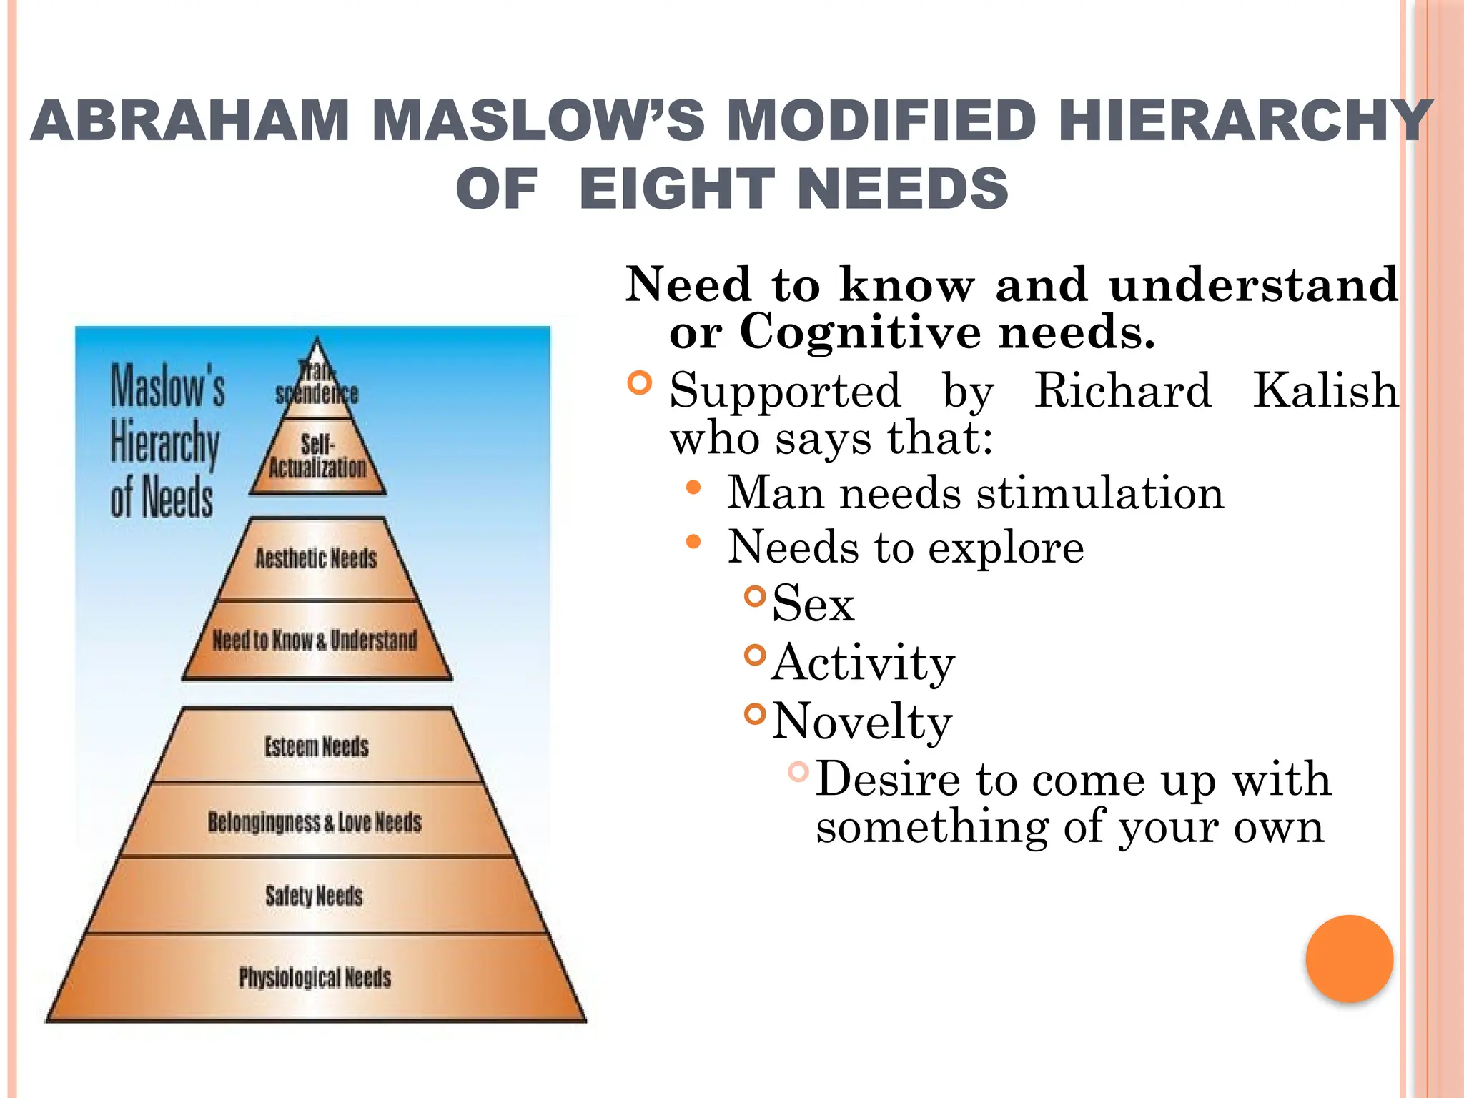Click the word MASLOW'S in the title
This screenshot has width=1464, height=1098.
click(x=538, y=120)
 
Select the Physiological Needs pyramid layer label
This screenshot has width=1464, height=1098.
click(x=315, y=977)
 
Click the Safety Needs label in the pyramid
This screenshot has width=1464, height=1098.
click(x=314, y=896)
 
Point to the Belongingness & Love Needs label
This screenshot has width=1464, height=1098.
click(x=315, y=822)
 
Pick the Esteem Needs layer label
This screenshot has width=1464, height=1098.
click(x=317, y=746)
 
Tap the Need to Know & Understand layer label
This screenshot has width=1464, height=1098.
click(x=315, y=639)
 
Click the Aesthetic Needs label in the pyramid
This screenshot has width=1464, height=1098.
click(x=316, y=558)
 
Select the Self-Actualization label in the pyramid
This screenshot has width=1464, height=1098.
click(x=317, y=456)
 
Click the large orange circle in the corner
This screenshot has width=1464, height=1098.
click(x=1349, y=959)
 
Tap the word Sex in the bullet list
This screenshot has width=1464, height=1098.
click(x=813, y=603)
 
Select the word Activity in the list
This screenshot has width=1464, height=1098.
click(x=863, y=663)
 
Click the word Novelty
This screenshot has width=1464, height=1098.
click(x=862, y=721)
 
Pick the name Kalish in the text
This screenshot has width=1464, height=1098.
click(x=1325, y=391)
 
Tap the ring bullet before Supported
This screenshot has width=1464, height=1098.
click(x=640, y=382)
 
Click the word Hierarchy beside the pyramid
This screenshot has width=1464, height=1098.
click(x=165, y=443)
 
